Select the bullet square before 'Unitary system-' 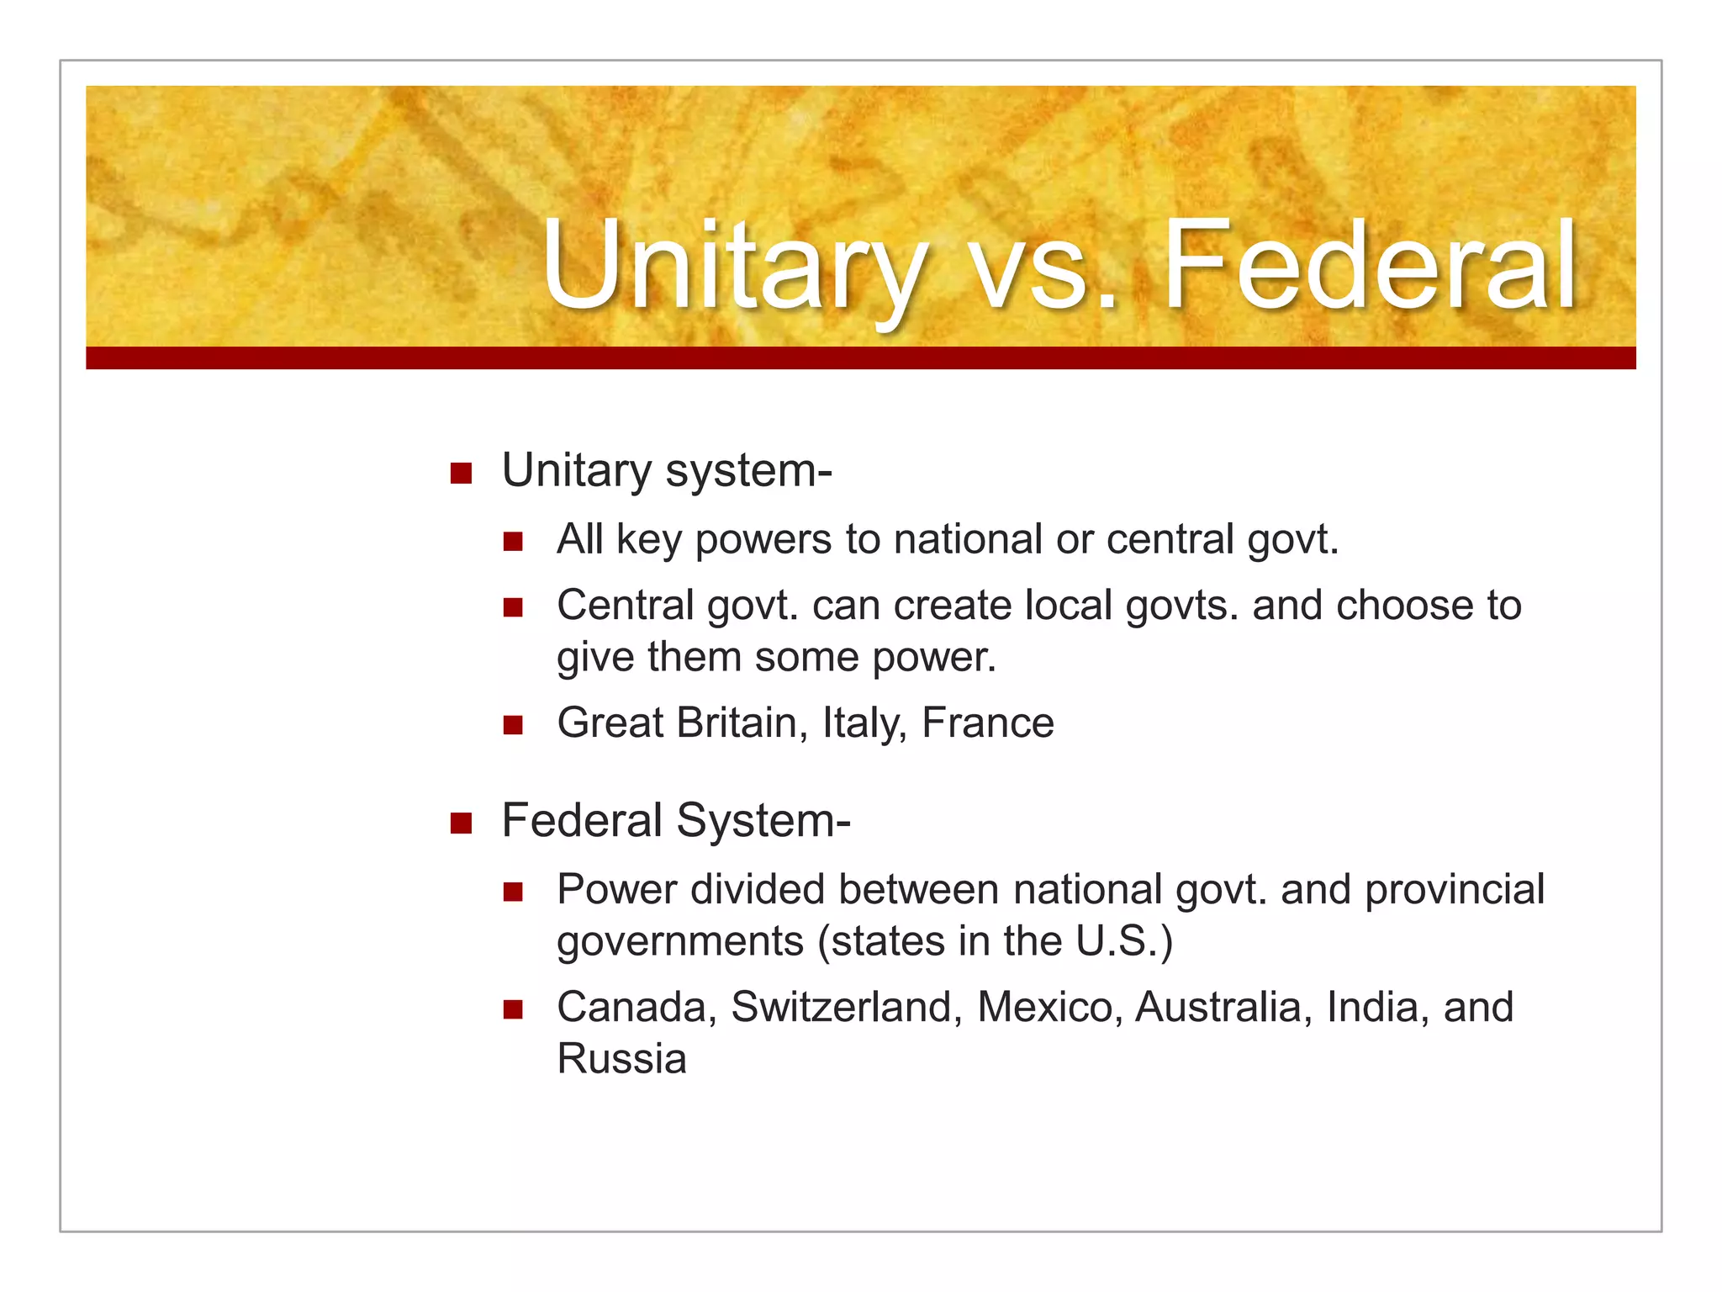(x=461, y=473)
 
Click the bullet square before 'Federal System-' (x=461, y=823)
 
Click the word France (x=987, y=723)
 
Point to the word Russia (x=621, y=1059)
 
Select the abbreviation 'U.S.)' (x=1124, y=941)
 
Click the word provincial (x=1455, y=890)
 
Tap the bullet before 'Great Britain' (x=513, y=725)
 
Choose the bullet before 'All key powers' (x=513, y=541)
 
